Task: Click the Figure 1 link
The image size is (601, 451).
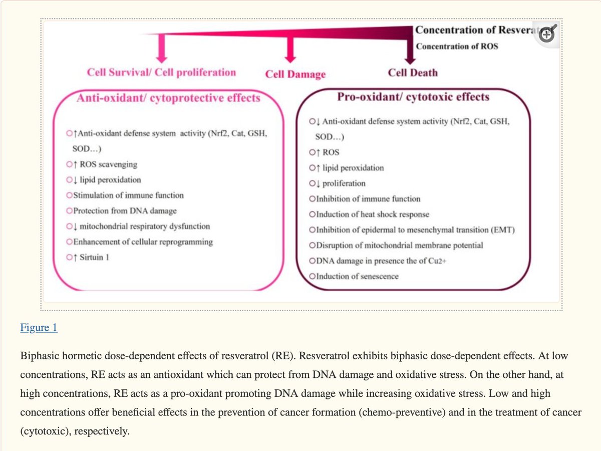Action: point(39,328)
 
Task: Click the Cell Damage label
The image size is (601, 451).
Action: point(295,74)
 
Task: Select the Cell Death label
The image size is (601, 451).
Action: point(413,73)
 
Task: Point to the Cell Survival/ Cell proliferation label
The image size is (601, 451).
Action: point(161,72)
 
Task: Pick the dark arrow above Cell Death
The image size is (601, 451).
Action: point(409,53)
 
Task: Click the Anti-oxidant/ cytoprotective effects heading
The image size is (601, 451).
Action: point(168,98)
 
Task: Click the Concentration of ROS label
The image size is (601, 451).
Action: point(457,47)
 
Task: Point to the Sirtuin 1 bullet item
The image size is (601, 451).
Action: point(91,257)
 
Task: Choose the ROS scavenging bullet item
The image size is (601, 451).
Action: point(105,164)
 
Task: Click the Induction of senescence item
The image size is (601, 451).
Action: point(357,276)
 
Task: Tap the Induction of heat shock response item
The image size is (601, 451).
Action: point(372,214)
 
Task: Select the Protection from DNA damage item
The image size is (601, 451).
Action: point(125,210)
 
